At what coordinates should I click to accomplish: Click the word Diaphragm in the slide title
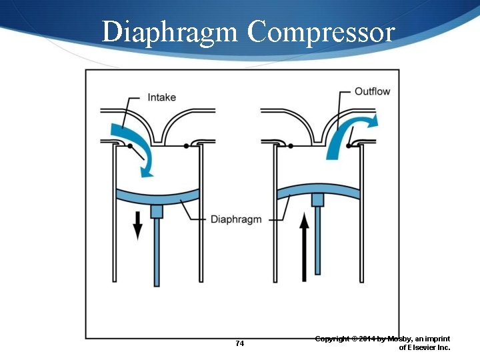coord(169,32)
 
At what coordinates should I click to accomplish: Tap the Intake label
coord(161,97)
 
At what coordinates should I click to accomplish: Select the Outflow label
coord(372,91)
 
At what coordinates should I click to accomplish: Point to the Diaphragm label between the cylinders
coord(236,219)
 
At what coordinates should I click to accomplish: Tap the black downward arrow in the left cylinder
coord(138,225)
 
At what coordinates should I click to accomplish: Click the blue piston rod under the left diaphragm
coord(157,250)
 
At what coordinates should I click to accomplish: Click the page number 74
coord(240,344)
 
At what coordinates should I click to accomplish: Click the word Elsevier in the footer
coord(419,347)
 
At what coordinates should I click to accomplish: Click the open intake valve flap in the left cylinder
coord(137,153)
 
